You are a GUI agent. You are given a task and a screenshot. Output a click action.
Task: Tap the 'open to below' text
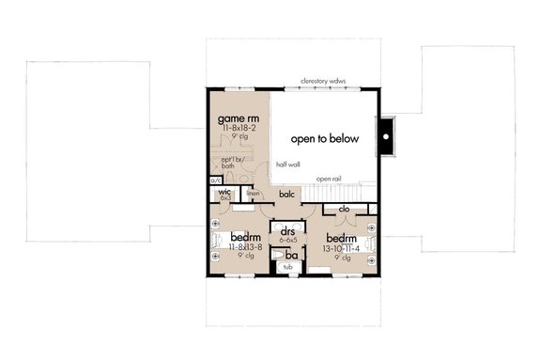325,138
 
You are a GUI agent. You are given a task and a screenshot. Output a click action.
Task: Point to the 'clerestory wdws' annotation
323,82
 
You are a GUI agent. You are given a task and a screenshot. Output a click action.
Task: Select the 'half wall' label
287,164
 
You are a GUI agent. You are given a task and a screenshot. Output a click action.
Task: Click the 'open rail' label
329,178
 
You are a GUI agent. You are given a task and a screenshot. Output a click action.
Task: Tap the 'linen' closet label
253,195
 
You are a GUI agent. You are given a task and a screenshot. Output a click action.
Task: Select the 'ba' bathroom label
293,254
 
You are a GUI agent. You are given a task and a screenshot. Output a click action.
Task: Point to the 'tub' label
288,267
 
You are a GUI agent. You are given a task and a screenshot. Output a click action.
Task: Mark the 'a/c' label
216,180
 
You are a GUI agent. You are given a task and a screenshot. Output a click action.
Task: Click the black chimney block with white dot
385,138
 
